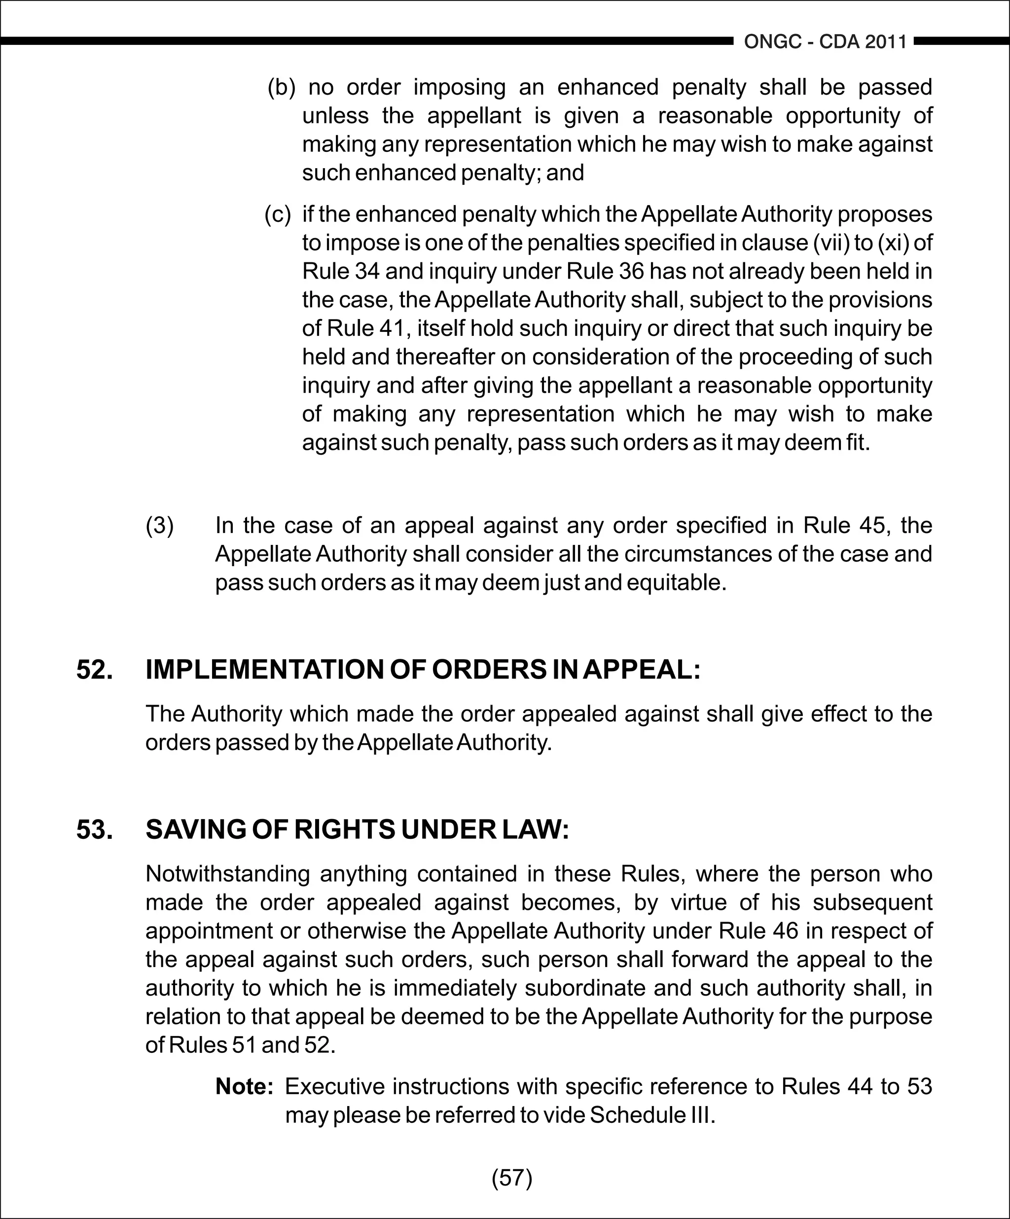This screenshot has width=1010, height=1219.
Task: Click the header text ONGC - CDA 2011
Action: (825, 42)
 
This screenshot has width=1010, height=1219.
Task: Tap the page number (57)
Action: (511, 1177)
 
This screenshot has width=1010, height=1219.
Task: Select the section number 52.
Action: (95, 669)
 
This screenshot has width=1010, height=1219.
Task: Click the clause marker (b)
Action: (282, 87)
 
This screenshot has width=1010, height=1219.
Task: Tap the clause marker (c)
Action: (278, 214)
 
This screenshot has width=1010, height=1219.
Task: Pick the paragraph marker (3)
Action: (159, 525)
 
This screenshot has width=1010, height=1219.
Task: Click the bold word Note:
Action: (244, 1086)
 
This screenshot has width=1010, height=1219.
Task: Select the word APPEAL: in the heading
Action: (642, 669)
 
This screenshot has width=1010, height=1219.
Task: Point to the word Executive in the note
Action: (334, 1086)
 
